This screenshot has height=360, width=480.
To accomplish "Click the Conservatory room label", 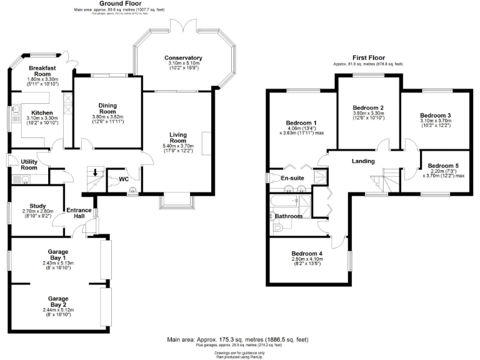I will (x=183, y=57).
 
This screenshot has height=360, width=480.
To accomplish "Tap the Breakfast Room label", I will (x=44, y=71).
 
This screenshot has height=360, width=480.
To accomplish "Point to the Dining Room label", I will (x=104, y=108).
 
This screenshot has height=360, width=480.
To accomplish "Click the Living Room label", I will (x=182, y=137).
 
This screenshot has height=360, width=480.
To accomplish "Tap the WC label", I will (x=124, y=179).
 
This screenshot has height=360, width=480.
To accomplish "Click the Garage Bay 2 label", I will (x=58, y=302).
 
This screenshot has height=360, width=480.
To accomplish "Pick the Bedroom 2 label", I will (x=369, y=107).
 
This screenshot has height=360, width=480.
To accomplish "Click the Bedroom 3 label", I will (x=435, y=116).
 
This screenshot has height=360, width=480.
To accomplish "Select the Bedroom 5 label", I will (x=443, y=166).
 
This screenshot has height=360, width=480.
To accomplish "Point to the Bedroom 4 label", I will (x=307, y=253).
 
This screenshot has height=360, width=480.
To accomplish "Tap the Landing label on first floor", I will (x=362, y=161).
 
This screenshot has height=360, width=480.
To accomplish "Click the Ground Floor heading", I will (x=119, y=4).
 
